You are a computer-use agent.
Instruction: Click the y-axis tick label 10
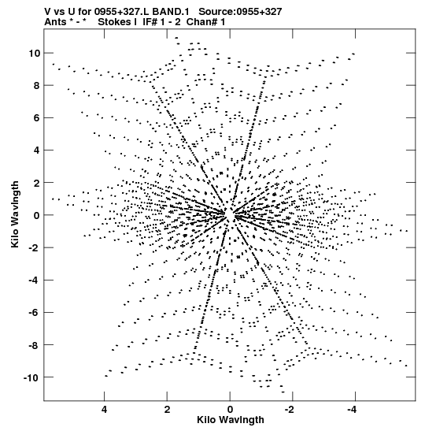34,53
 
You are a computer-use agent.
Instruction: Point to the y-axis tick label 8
37,85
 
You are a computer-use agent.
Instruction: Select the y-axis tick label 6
37,118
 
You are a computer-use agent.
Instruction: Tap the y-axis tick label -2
35,247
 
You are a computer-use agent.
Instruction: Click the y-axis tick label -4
35,280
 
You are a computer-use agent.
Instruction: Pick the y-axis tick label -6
35,313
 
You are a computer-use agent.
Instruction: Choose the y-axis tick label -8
35,345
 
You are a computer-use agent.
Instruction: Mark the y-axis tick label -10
31,377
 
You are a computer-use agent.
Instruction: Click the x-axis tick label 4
104,410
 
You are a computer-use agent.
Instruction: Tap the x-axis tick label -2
290,410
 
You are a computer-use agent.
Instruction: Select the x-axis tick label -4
353,410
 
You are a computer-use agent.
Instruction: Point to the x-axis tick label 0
230,410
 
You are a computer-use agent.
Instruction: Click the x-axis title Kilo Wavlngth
231,420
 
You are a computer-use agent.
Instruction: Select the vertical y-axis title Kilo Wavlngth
15,214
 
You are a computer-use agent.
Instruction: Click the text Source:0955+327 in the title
240,12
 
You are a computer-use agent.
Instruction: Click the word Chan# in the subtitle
201,22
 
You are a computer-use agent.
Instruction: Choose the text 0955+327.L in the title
122,12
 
